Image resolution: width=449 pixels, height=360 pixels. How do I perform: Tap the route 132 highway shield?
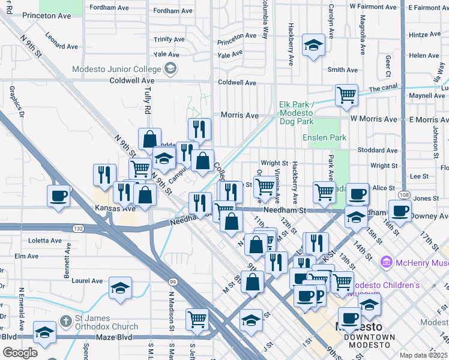pos(77,229)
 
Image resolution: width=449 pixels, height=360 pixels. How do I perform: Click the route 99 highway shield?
pos(172,282)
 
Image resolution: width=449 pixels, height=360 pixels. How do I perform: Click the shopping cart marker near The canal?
pos(346,94)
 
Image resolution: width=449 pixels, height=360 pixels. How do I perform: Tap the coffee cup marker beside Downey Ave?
pos(400,211)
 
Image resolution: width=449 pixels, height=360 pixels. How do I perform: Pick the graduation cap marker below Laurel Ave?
pos(120,288)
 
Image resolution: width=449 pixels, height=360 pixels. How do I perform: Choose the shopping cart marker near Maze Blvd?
pos(197,319)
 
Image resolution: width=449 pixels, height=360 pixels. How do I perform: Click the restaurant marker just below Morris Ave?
pos(199,128)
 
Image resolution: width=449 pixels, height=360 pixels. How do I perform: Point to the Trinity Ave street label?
pos(169,39)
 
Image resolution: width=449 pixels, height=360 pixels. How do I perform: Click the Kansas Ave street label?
pos(112,208)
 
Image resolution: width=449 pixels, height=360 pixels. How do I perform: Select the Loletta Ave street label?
pos(45,241)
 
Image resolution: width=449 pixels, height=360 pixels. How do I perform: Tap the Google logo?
pos(20,353)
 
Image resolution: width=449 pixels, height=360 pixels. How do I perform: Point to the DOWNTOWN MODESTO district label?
pos(369,337)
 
